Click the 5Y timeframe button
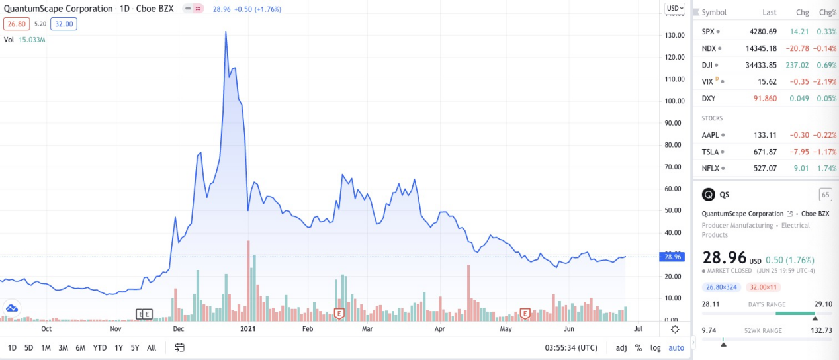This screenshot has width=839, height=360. (135, 347)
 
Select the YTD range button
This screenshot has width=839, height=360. (100, 347)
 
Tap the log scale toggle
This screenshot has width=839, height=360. (655, 347)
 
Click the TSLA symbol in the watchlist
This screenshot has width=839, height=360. (711, 152)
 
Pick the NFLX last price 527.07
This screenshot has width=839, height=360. (765, 168)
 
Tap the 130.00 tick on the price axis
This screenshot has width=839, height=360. (674, 35)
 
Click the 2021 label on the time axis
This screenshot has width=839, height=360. (248, 328)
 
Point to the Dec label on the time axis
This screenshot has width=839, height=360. (178, 328)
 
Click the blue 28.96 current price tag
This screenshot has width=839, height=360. (673, 257)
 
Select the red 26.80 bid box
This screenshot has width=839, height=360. (14, 24)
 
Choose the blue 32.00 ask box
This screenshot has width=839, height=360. (64, 24)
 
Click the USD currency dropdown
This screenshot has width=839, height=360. (675, 8)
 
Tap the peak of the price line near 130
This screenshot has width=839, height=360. (226, 32)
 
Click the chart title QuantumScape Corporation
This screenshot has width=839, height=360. (58, 9)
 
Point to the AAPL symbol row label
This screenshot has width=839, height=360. (711, 135)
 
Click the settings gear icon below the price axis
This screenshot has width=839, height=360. (674, 329)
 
